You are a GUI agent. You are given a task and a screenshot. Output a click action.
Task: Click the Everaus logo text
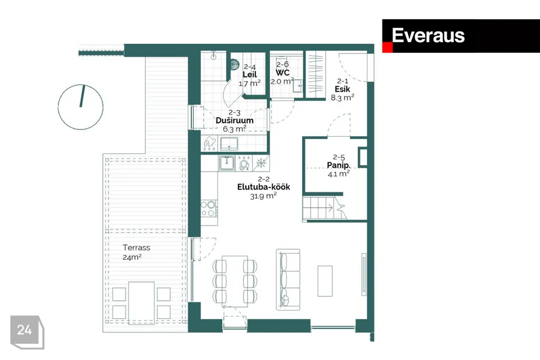click(428, 35)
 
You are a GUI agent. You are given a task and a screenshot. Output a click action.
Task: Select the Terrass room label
click(136, 247)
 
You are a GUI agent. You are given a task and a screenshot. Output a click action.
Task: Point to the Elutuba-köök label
click(263, 187)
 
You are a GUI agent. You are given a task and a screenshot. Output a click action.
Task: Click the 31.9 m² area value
click(263, 196)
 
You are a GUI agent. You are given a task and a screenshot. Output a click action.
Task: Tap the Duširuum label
click(235, 120)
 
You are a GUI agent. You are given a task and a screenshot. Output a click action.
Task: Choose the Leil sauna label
click(250, 74)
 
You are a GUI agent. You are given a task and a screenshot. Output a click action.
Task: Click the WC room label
click(282, 73)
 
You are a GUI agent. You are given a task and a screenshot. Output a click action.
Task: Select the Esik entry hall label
click(343, 89)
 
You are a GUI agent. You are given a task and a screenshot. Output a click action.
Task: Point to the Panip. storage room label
click(339, 165)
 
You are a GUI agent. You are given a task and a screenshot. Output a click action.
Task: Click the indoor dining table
click(235, 281)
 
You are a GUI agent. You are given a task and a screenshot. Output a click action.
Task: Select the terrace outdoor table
click(142, 303)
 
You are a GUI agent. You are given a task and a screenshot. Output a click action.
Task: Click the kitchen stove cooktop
click(209, 209)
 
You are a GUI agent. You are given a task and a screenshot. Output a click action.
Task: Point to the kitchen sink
click(227, 163)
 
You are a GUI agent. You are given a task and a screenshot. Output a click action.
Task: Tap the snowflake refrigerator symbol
click(262, 163)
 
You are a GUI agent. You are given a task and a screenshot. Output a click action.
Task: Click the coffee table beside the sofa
click(325, 281)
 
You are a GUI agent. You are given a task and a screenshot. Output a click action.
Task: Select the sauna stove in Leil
click(235, 65)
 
